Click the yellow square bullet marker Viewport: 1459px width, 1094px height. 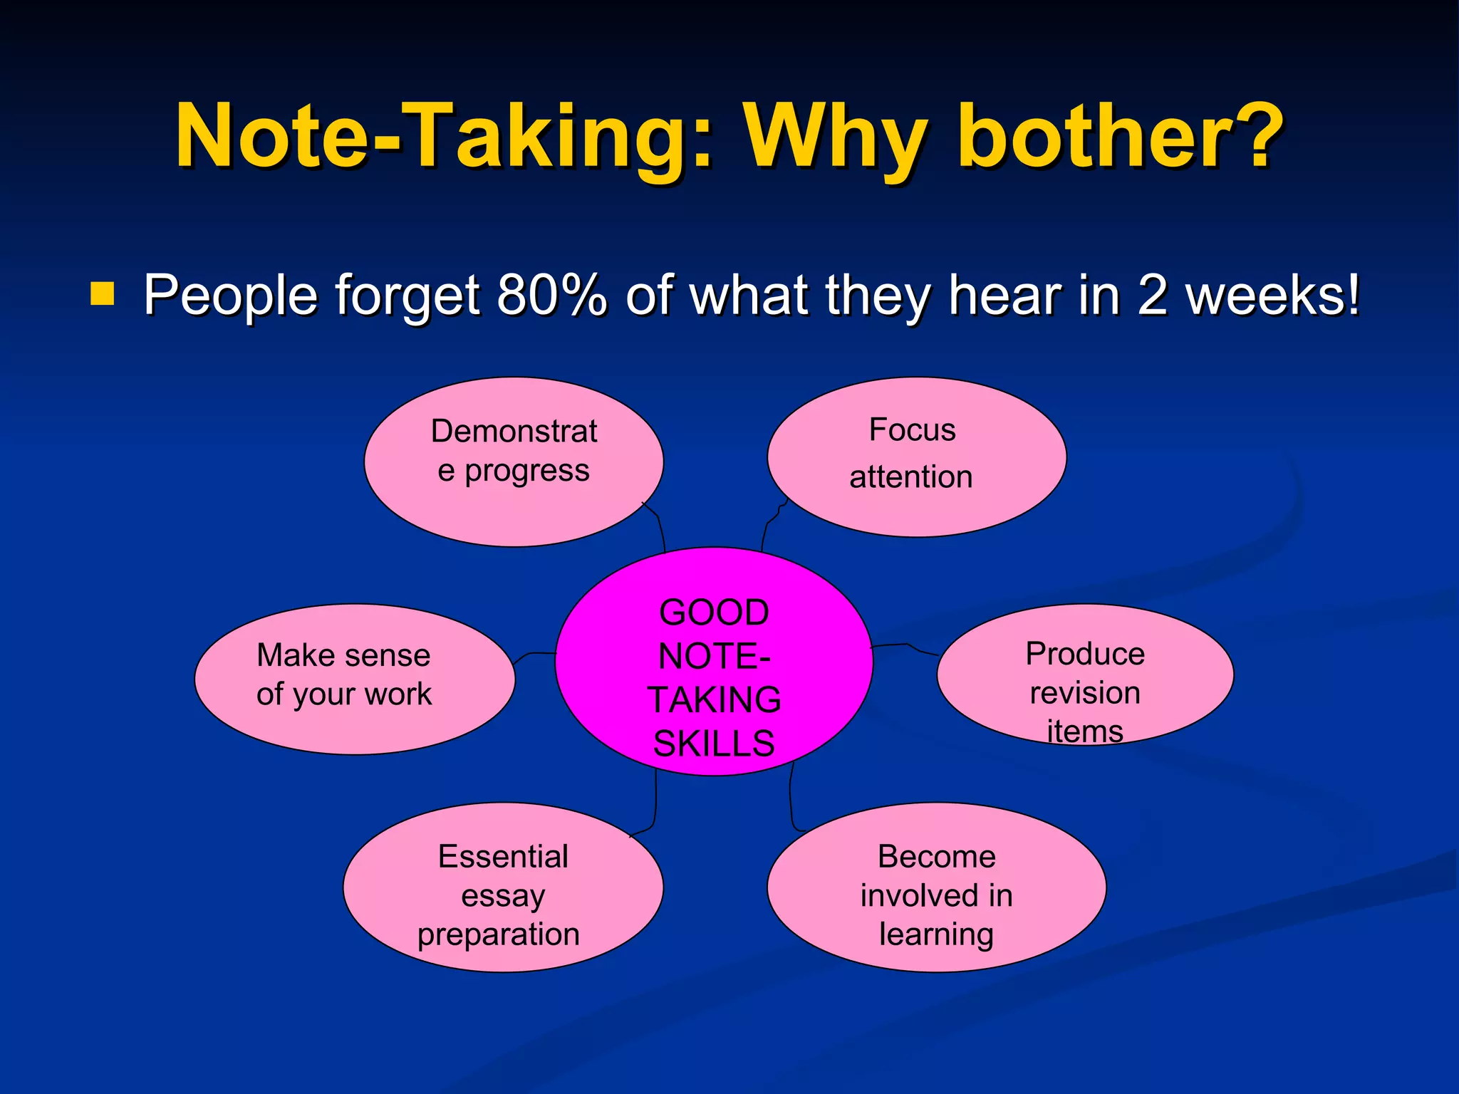(103, 293)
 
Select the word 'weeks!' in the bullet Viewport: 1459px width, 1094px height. (1272, 294)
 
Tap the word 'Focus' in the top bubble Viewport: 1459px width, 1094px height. (912, 430)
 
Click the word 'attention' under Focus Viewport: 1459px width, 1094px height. (910, 476)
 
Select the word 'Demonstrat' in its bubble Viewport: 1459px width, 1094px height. (514, 432)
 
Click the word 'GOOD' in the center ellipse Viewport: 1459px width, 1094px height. (714, 613)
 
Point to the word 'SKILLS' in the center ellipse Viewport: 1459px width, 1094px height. (714, 744)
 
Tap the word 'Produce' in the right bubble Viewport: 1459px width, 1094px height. (1084, 654)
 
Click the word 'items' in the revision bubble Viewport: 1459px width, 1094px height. (1084, 731)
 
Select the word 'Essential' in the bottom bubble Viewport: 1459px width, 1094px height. (503, 856)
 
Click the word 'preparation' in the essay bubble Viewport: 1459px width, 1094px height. (499, 934)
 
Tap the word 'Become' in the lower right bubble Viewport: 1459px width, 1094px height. (936, 856)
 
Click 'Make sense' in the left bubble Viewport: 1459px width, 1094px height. (343, 655)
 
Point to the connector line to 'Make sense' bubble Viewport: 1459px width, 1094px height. (534, 653)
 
